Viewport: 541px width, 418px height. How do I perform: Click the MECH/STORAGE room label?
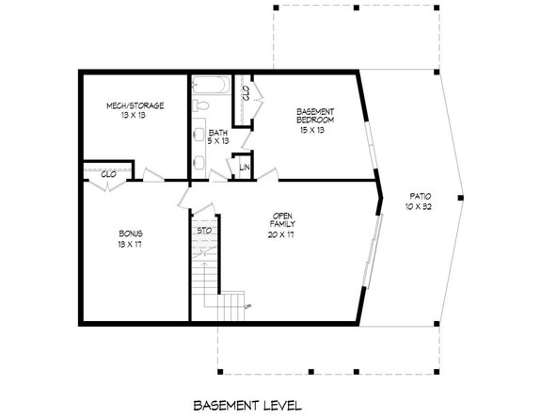point(135,106)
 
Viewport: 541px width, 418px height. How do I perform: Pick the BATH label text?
point(218,132)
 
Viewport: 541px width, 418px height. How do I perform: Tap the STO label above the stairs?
point(203,231)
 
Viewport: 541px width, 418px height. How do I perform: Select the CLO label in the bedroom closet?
point(246,93)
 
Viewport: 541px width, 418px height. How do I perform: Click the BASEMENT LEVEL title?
point(247,406)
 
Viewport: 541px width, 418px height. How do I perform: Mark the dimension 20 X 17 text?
point(279,234)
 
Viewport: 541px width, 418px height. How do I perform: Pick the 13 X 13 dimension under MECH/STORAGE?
point(135,118)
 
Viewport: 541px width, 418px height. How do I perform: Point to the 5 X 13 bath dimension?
point(218,141)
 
